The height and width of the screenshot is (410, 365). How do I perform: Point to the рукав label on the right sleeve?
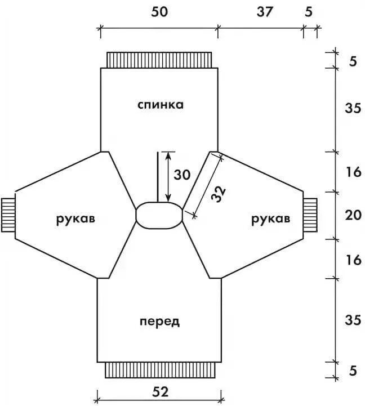(x=271, y=219)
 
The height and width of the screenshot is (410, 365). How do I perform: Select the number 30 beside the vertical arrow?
(x=182, y=175)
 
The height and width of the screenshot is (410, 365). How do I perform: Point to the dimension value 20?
(x=353, y=215)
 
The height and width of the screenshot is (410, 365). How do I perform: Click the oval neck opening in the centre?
(x=159, y=215)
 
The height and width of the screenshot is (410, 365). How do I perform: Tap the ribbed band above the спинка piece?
(x=159, y=59)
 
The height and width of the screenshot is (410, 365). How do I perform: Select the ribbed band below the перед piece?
(x=159, y=369)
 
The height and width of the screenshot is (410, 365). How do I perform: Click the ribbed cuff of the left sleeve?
(x=7, y=215)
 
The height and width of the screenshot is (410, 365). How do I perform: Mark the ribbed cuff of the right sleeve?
(x=311, y=215)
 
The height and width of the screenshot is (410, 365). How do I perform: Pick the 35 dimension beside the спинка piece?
(x=353, y=109)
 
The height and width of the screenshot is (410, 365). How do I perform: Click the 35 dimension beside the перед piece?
(x=353, y=320)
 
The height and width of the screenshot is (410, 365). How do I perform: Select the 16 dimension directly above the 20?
(x=353, y=172)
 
